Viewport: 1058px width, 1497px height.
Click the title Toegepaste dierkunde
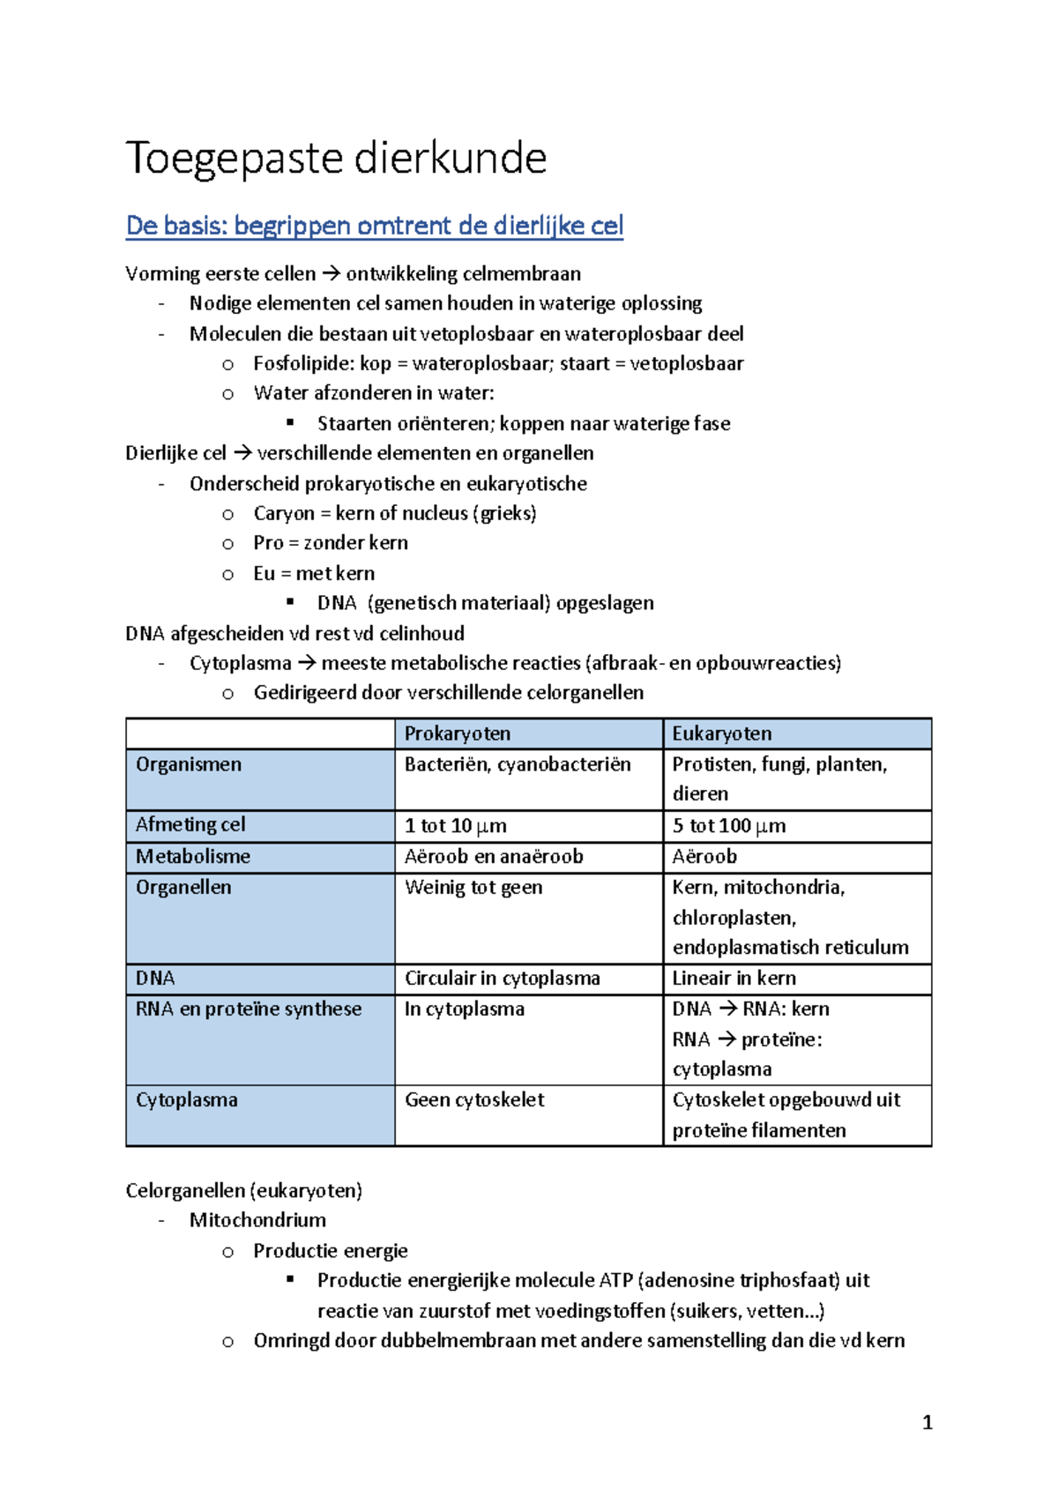coord(336,159)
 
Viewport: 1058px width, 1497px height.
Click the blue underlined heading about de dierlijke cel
coord(375,226)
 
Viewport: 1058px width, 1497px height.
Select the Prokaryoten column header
coord(457,734)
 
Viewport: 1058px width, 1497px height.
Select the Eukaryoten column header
coord(721,734)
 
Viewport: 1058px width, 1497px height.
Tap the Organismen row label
coord(188,764)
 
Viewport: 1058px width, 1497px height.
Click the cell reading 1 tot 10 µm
coord(455,826)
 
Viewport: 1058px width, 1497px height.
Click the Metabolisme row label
coord(192,856)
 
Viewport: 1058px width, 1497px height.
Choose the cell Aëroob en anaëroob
coord(494,856)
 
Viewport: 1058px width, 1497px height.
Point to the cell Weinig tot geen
coord(473,888)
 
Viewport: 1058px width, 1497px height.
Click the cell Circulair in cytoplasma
coord(502,978)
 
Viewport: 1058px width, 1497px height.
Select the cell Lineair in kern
coord(734,978)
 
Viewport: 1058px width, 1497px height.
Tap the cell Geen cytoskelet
coord(474,1099)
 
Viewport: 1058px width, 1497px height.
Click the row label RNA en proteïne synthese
coord(248,1009)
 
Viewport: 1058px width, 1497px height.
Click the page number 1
coord(927,1422)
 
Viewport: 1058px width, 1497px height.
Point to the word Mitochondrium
coord(257,1220)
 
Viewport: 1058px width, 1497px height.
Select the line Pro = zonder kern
coord(331,543)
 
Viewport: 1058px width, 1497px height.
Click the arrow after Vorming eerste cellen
coord(331,273)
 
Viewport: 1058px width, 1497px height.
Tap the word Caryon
coord(283,513)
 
